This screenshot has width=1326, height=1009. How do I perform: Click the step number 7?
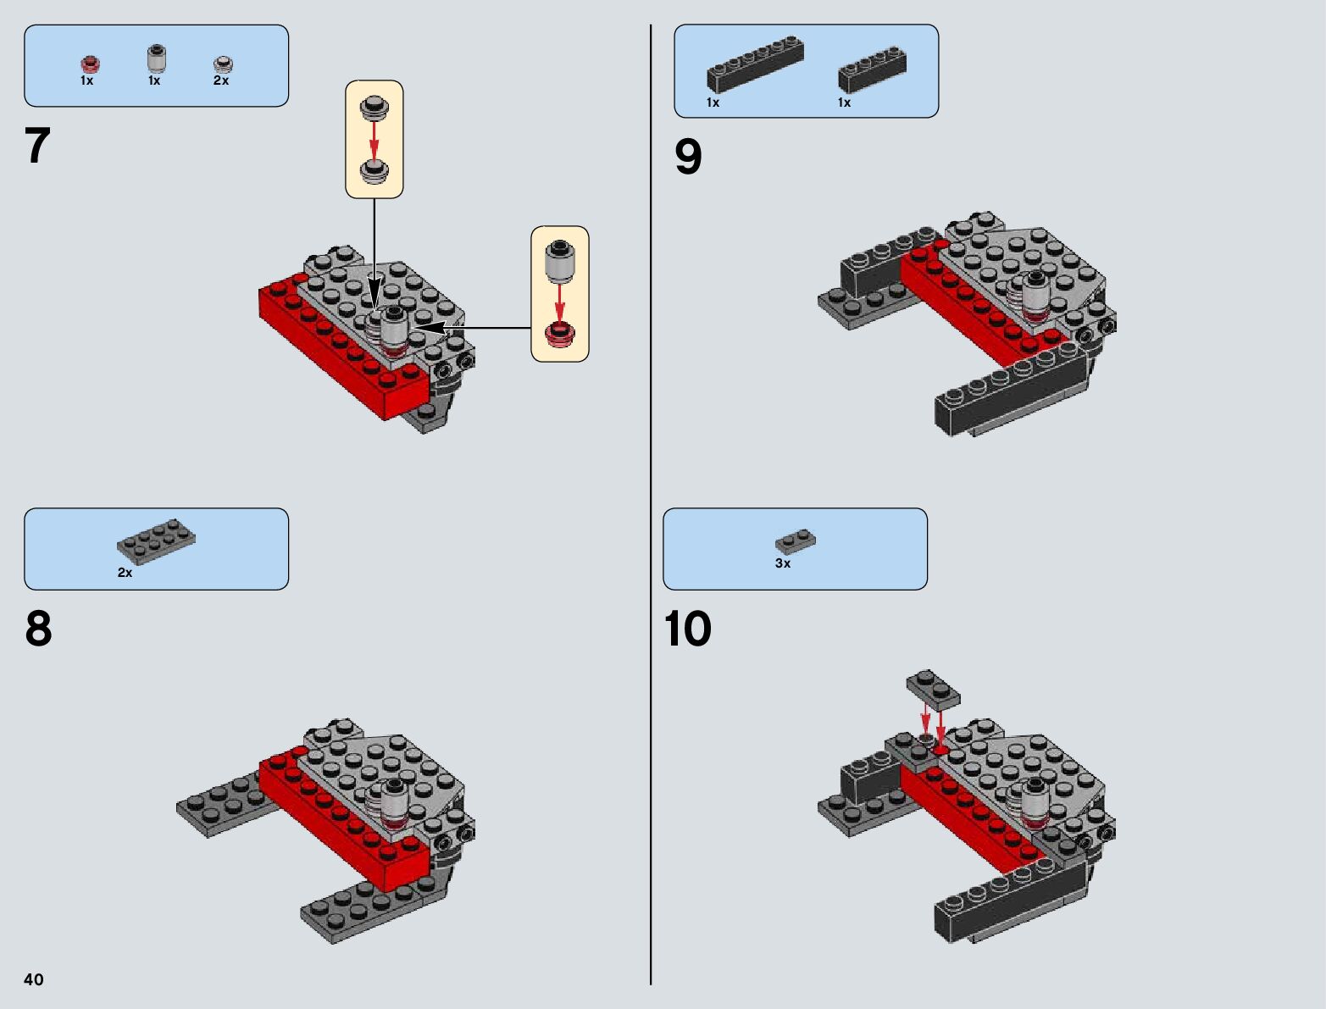click(x=37, y=146)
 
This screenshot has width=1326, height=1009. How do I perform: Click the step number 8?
click(x=39, y=629)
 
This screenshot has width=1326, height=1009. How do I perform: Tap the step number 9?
click(x=688, y=157)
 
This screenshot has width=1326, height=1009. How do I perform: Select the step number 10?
click(x=687, y=629)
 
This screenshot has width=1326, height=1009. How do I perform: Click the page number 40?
click(x=34, y=979)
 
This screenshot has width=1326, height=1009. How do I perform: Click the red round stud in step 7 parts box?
click(x=90, y=64)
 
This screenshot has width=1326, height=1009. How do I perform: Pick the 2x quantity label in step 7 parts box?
click(x=221, y=80)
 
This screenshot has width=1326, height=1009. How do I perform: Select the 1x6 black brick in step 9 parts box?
click(x=755, y=64)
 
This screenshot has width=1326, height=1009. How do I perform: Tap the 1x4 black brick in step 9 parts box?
click(x=872, y=69)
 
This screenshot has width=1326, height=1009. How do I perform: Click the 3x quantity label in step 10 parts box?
click(x=783, y=563)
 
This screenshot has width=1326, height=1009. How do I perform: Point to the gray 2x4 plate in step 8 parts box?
click(x=156, y=541)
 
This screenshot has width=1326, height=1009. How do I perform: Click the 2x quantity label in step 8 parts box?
click(x=125, y=573)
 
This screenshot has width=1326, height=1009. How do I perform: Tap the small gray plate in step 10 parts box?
click(x=796, y=541)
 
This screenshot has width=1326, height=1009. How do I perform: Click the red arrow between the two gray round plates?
click(x=374, y=140)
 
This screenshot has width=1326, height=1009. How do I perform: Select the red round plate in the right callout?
click(x=560, y=335)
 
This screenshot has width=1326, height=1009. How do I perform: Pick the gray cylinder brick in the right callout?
click(x=560, y=262)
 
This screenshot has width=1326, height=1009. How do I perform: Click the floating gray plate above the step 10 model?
click(x=933, y=689)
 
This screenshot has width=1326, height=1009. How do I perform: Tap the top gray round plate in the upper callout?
click(x=374, y=108)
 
